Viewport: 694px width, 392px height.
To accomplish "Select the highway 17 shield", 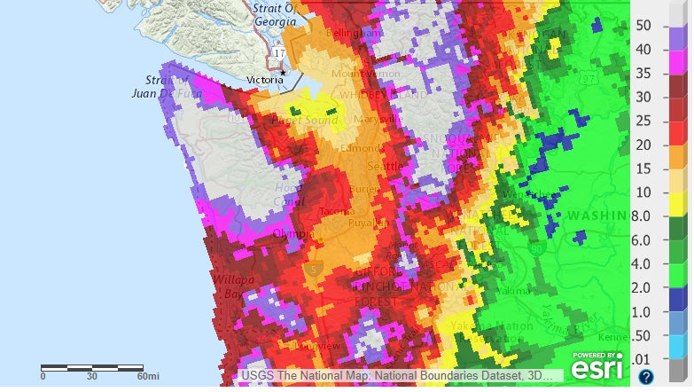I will point(281,54).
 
